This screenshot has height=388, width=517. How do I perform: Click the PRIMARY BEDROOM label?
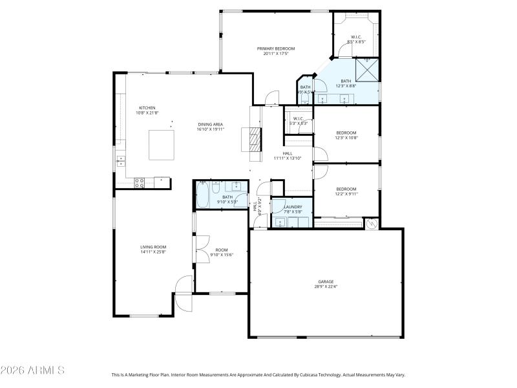276,48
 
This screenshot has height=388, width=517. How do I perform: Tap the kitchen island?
161,144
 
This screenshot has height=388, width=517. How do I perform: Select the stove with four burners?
139,183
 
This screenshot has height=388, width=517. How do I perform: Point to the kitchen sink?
120,158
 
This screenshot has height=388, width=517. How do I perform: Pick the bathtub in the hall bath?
202,195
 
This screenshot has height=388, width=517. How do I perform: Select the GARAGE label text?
325,281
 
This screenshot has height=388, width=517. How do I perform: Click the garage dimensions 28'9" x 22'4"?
325,286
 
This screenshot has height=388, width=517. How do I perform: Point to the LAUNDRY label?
293,207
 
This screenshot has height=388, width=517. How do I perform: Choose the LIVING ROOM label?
153,246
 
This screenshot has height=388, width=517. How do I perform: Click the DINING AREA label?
211,124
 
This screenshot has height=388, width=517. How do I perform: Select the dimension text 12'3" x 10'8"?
346,138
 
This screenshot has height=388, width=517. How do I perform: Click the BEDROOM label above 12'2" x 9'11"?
346,189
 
